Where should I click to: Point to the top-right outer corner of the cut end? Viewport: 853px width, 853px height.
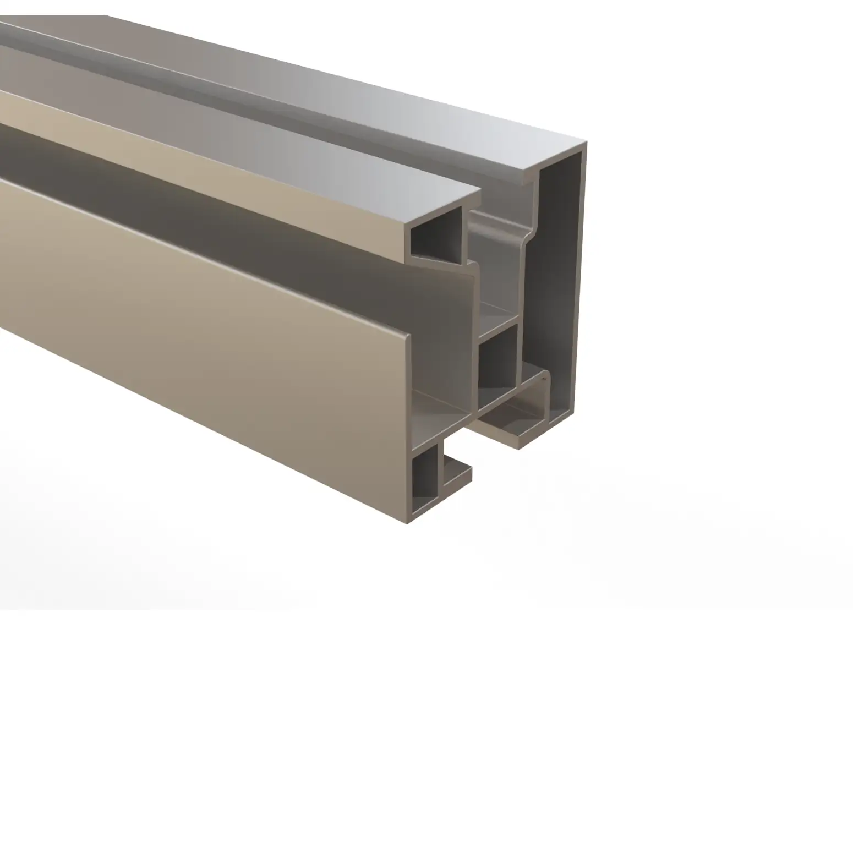(586, 143)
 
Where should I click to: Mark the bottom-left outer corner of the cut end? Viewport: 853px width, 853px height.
(408, 523)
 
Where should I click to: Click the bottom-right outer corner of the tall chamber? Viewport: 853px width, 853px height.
(573, 413)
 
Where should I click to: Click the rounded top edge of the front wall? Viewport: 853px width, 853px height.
(408, 336)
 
